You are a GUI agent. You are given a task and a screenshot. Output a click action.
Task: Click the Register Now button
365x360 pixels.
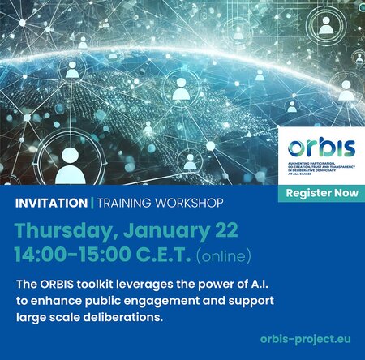pyautogui.click(x=321, y=195)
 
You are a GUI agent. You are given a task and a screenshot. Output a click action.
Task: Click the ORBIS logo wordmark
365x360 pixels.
pyautogui.click(x=321, y=149)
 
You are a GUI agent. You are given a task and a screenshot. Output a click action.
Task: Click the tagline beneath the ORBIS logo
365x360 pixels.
pyautogui.click(x=320, y=169)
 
